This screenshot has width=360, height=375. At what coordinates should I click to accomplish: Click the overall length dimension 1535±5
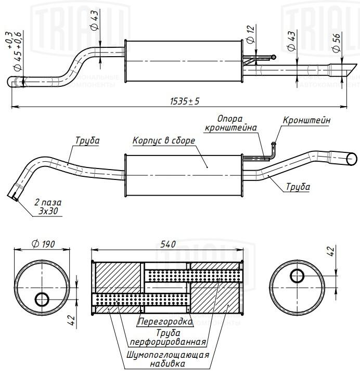pyautogui.click(x=185, y=101)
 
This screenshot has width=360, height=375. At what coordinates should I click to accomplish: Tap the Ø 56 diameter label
pyautogui.click(x=336, y=42)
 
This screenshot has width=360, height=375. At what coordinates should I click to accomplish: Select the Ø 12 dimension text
pyautogui.click(x=250, y=34)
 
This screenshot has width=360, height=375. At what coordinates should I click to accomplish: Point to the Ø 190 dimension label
pyautogui.click(x=43, y=244)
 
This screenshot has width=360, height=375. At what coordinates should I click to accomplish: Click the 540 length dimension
pyautogui.click(x=168, y=244)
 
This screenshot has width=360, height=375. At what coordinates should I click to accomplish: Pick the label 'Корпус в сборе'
pyautogui.click(x=164, y=140)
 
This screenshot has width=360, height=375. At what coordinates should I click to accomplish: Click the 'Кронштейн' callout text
pyautogui.click(x=306, y=120)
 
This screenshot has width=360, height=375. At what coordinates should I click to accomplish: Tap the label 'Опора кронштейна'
pyautogui.click(x=230, y=123)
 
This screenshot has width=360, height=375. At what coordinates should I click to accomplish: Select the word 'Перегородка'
pyautogui.click(x=165, y=321)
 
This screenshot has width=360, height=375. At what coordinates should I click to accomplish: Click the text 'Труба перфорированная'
pyautogui.click(x=168, y=338)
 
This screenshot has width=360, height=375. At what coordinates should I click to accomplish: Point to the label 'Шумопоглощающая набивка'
pyautogui.click(x=168, y=359)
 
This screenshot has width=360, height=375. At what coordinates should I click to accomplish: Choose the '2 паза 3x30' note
pyautogui.click(x=48, y=207)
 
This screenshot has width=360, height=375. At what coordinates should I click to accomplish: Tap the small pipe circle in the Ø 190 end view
pyautogui.click(x=42, y=299)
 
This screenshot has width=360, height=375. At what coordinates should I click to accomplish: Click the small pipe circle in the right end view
pyautogui.click(x=297, y=276)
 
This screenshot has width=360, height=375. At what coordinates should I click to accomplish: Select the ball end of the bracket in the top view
pyautogui.click(x=274, y=57)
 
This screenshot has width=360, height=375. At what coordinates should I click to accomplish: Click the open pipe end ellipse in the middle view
pyautogui.click(x=352, y=159)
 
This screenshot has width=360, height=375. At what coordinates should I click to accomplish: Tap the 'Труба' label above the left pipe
pyautogui.click(x=87, y=140)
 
